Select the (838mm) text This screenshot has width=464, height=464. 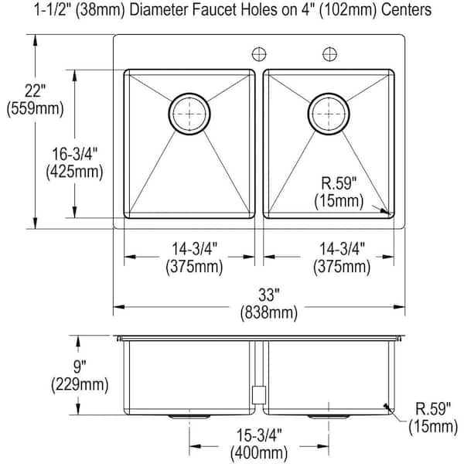click(x=260, y=312)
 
